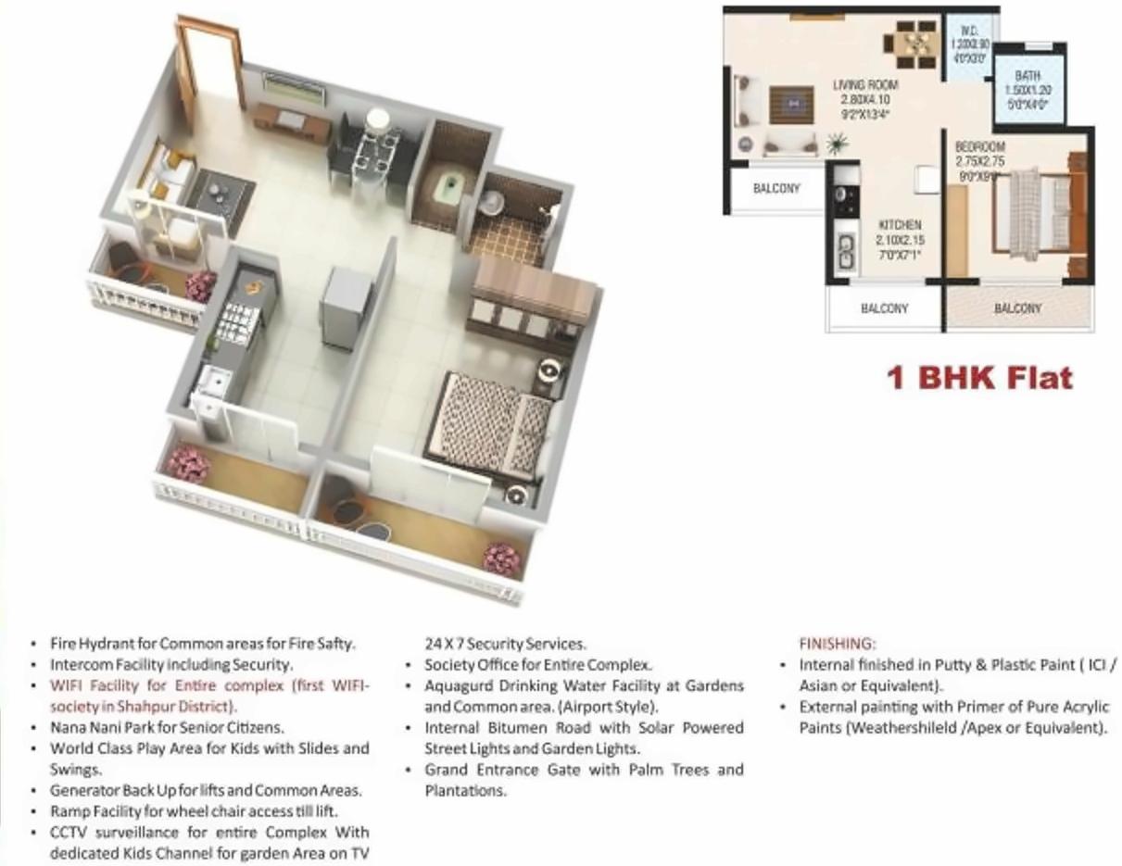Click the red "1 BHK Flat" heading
tap(979, 378)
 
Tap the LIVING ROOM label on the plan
tap(864, 85)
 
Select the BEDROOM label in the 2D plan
tap(980, 147)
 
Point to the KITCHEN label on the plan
tap(900, 225)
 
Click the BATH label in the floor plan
tap(1027, 76)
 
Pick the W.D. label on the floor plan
tap(970, 31)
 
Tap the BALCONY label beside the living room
tap(775, 188)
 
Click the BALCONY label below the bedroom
tap(1017, 308)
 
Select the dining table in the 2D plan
tap(914, 42)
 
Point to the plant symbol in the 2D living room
tap(838, 144)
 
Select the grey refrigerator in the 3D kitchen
tap(340, 307)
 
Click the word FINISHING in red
tap(837, 643)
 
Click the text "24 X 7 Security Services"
tap(505, 643)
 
